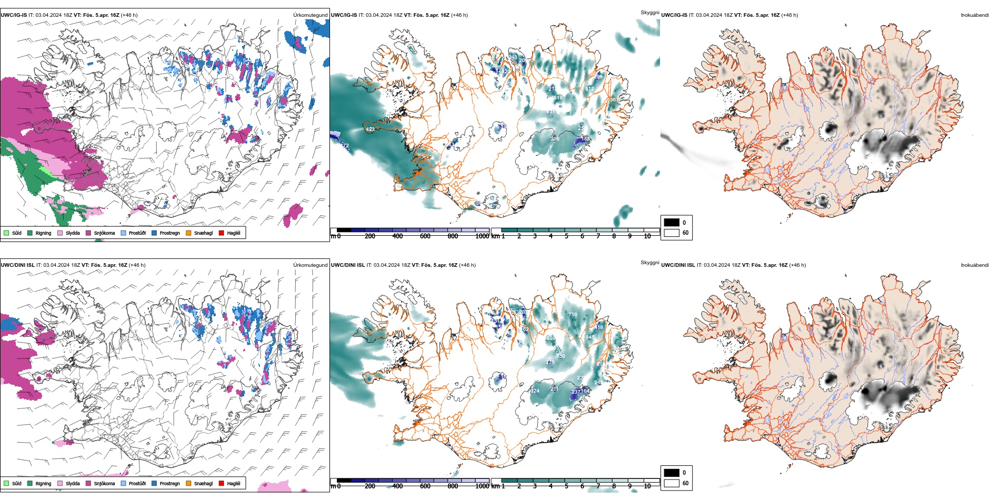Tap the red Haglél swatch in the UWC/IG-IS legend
point(222,233)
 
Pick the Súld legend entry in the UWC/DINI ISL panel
point(13,483)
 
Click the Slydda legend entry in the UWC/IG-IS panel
point(69,233)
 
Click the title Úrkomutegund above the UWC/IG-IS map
point(310,15)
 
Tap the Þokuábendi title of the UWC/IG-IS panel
point(975,15)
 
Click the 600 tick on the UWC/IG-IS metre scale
point(425,236)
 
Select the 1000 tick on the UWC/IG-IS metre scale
point(482,236)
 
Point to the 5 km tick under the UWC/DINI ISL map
point(567,486)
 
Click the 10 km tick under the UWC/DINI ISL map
point(647,486)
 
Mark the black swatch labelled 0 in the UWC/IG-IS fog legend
point(672,223)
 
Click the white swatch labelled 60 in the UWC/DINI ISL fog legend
point(672,483)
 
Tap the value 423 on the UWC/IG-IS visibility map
point(370,129)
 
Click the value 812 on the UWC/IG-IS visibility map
point(589,89)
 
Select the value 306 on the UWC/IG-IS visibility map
point(555,139)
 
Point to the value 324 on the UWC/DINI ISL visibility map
point(535,391)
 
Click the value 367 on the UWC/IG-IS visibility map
point(614,100)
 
